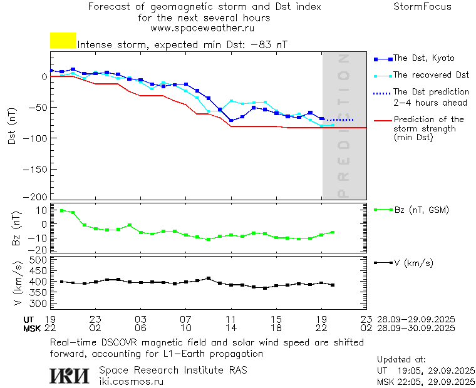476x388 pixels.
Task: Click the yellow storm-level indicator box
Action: point(63,41)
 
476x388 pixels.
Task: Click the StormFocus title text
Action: point(422,7)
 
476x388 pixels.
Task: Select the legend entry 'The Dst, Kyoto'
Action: point(423,58)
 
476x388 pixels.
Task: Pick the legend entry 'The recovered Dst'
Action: point(431,75)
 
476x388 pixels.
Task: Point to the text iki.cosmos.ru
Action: point(131,380)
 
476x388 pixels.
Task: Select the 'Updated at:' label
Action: point(401,360)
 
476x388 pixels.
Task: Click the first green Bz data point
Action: point(61,210)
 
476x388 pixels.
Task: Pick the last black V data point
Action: point(333,285)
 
